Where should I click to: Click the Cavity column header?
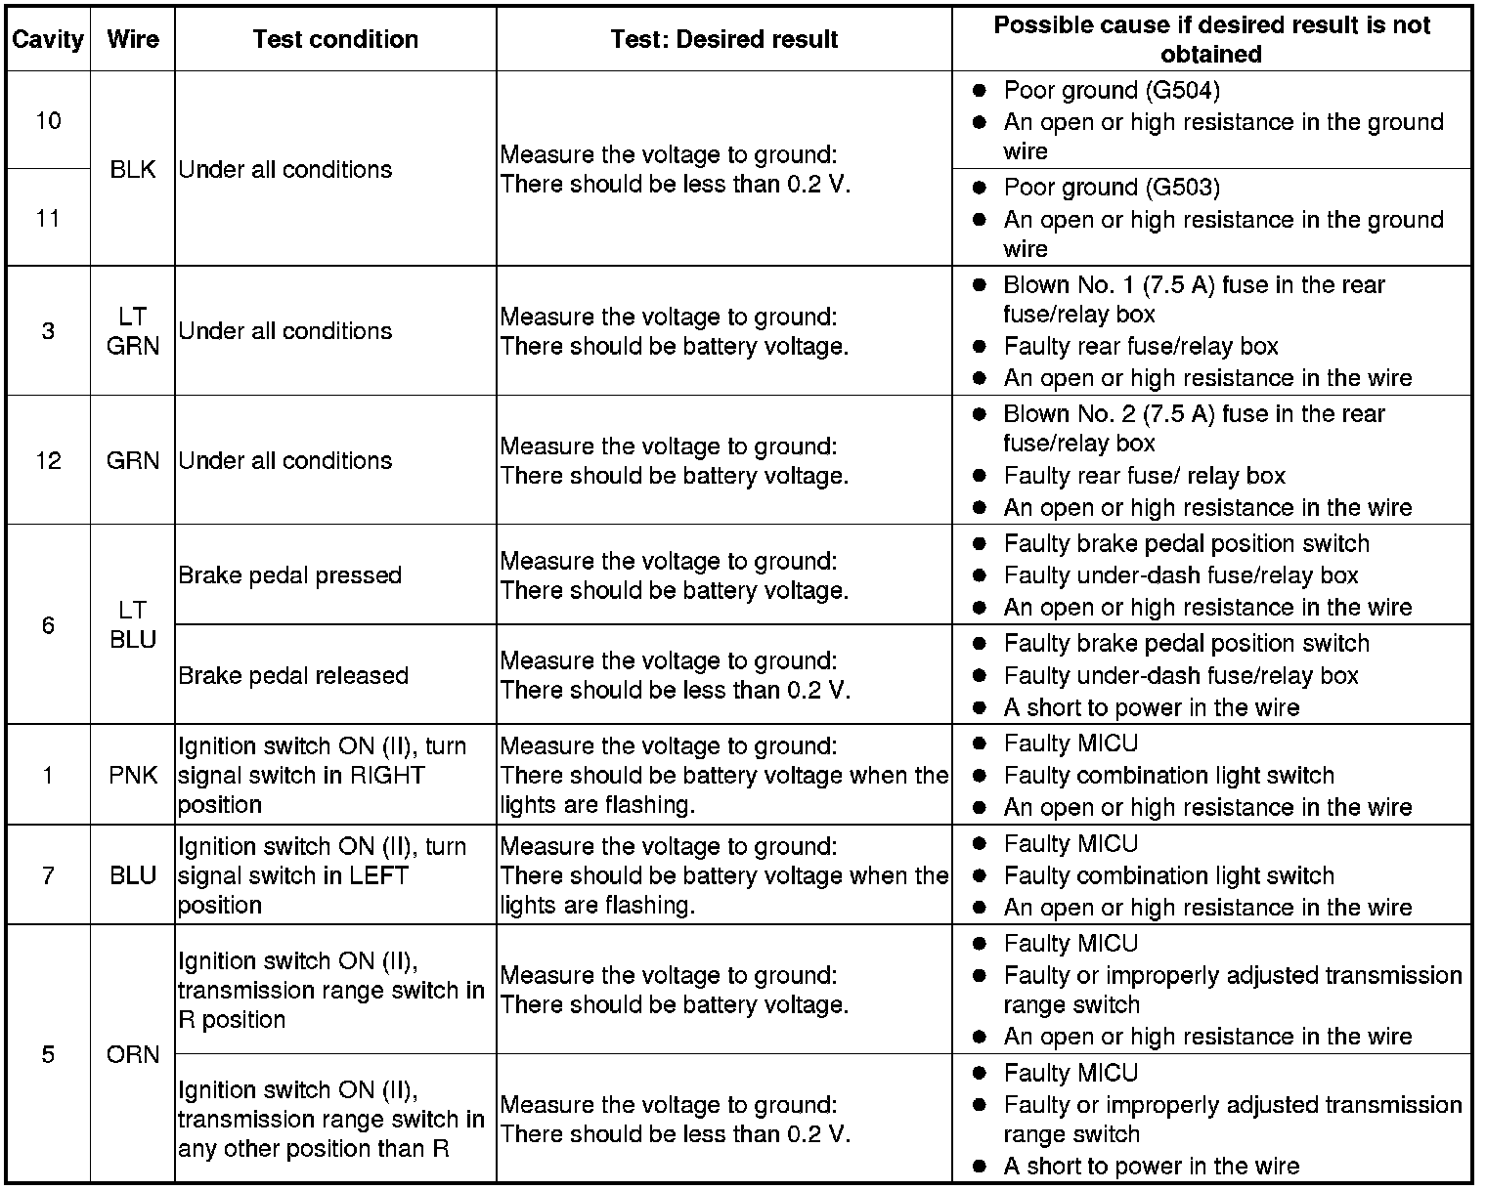click(48, 40)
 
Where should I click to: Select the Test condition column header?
click(335, 40)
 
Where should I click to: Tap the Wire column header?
click(133, 40)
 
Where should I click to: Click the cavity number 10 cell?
click(48, 121)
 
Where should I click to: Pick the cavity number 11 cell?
click(48, 218)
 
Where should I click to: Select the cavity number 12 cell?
click(48, 460)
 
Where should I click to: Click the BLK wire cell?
click(133, 169)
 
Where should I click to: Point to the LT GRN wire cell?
click(133, 331)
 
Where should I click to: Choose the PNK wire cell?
click(133, 776)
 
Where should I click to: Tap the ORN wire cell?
click(133, 1054)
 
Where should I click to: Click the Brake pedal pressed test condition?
click(289, 575)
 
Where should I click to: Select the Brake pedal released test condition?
click(293, 675)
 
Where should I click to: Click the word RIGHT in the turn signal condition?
click(387, 776)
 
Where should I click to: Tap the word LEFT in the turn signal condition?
click(375, 875)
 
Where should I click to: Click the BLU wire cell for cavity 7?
click(133, 875)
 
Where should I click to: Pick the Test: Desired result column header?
click(724, 40)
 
